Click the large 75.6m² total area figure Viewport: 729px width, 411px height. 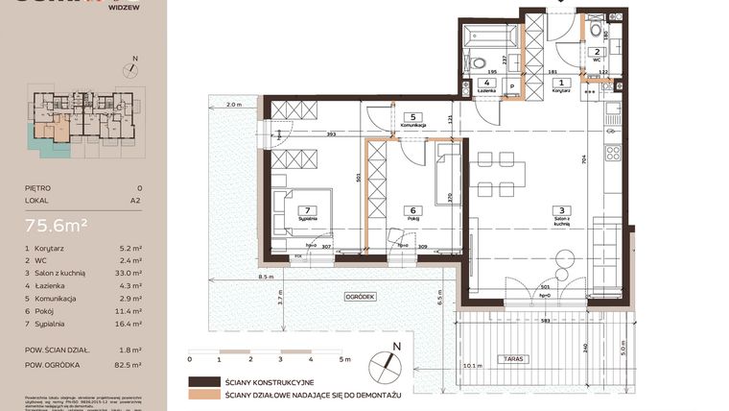(58, 226)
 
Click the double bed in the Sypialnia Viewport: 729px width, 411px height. (302, 211)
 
